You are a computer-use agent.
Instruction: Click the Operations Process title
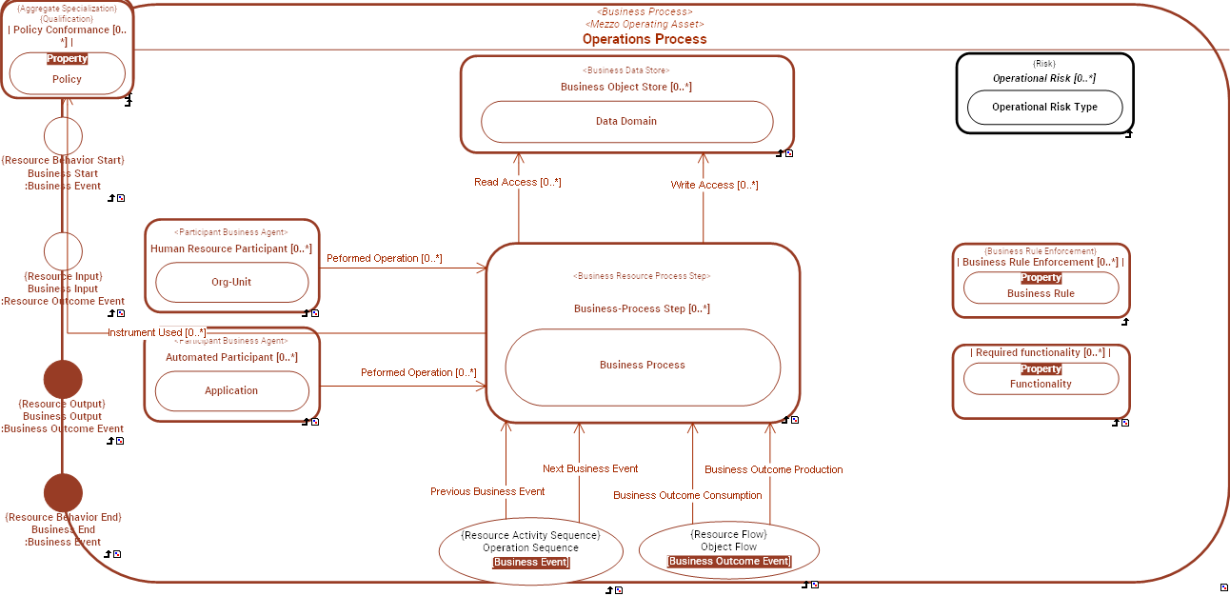(645, 39)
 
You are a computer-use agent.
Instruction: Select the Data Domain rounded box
(626, 122)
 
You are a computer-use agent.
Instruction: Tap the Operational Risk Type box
(1044, 108)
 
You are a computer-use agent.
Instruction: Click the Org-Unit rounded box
(231, 283)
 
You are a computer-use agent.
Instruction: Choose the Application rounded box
(231, 391)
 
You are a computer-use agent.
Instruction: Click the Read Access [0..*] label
(518, 182)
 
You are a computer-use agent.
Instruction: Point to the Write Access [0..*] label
(714, 185)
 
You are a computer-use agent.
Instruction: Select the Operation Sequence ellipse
(530, 549)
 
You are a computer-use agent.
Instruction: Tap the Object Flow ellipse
(728, 548)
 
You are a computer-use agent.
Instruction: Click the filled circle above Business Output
(63, 379)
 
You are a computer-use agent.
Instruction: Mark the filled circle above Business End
(63, 492)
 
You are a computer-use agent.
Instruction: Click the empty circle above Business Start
(63, 136)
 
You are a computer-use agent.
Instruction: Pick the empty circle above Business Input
(63, 251)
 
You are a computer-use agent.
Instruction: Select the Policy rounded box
(67, 74)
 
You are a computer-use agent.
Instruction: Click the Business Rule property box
(1041, 288)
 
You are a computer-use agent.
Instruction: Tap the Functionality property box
(1041, 378)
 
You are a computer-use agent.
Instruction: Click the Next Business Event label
(590, 468)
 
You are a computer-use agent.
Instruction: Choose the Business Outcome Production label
(773, 469)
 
